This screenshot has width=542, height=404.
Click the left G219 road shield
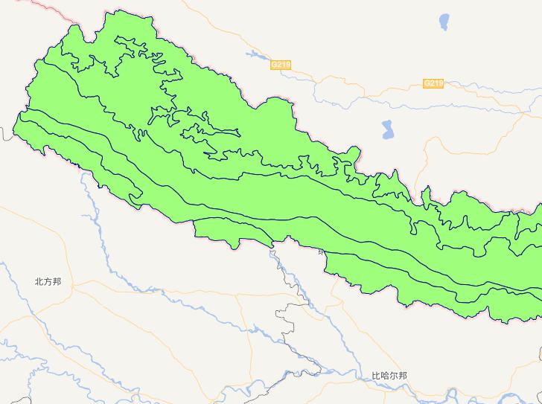tap(280, 65)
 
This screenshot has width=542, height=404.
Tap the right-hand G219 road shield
tap(433, 83)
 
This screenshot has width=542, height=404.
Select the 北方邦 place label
tap(48, 282)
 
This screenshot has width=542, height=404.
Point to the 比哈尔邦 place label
tap(389, 376)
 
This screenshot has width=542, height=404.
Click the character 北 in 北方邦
tap(39, 282)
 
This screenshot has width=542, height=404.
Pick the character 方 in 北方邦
tap(48, 282)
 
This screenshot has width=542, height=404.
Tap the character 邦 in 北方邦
tap(57, 282)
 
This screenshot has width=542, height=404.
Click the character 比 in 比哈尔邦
tap(376, 376)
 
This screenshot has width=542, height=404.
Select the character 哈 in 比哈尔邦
tap(385, 376)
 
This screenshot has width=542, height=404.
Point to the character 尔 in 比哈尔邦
tap(394, 376)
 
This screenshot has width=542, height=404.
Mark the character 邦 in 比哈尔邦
tap(403, 376)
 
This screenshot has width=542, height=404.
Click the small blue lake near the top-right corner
tap(445, 19)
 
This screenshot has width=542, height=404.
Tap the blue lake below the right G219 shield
tap(387, 130)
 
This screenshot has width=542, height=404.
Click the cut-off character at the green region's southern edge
tap(322, 252)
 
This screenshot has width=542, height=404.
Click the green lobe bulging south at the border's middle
tap(223, 235)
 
